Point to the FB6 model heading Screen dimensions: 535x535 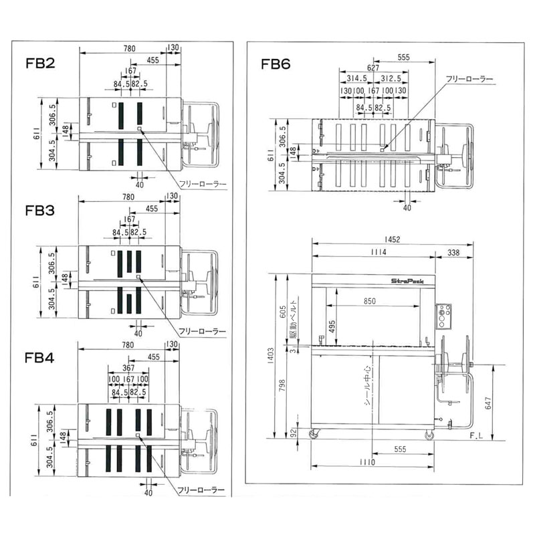point(276,65)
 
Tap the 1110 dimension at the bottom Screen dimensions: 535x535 point(365,461)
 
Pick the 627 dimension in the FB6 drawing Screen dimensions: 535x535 point(373,68)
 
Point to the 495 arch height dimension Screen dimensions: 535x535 point(324,324)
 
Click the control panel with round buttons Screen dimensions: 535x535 point(443,316)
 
